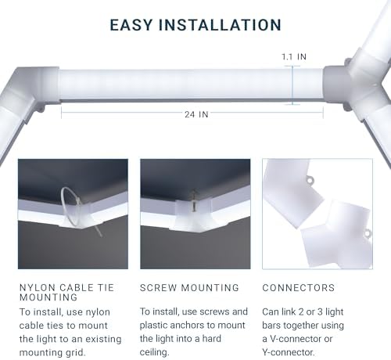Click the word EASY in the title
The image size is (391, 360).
tap(131, 25)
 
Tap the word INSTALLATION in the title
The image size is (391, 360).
tap(220, 25)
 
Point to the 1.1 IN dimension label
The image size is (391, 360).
tap(294, 56)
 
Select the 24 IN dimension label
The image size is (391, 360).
tap(196, 114)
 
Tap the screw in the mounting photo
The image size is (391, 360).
tap(193, 201)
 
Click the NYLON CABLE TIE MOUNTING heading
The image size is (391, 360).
tap(66, 292)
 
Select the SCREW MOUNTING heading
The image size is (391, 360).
tap(189, 288)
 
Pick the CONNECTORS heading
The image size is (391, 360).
tap(299, 288)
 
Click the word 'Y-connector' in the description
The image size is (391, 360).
tap(288, 352)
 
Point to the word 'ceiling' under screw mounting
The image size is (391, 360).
tap(154, 352)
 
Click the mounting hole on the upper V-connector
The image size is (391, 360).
tap(310, 180)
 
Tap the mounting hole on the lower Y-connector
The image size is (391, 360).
tap(368, 233)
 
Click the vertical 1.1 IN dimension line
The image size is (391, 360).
tap(292, 85)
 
